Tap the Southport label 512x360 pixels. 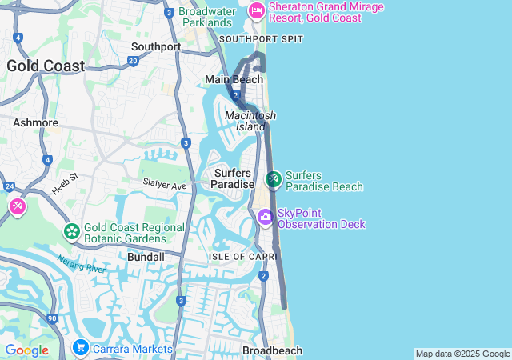coord(156,46)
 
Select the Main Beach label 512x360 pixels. coord(234,79)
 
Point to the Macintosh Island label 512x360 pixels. coord(245,121)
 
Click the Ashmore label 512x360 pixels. coord(35,122)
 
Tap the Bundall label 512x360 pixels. coord(146,257)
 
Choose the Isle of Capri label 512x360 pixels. coord(242,256)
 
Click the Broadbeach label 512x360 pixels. coord(272,350)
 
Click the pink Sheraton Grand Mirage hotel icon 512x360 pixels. coord(256,10)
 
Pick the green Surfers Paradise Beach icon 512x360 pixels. coord(274,179)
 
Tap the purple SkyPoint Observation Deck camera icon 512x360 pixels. coord(266,217)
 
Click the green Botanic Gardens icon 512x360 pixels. coord(71,231)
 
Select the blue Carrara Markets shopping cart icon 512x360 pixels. coord(80,348)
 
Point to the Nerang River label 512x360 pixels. coord(81,264)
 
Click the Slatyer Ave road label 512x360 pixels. coord(164,184)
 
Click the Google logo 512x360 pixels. coord(26,350)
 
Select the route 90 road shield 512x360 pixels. coord(52,318)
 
